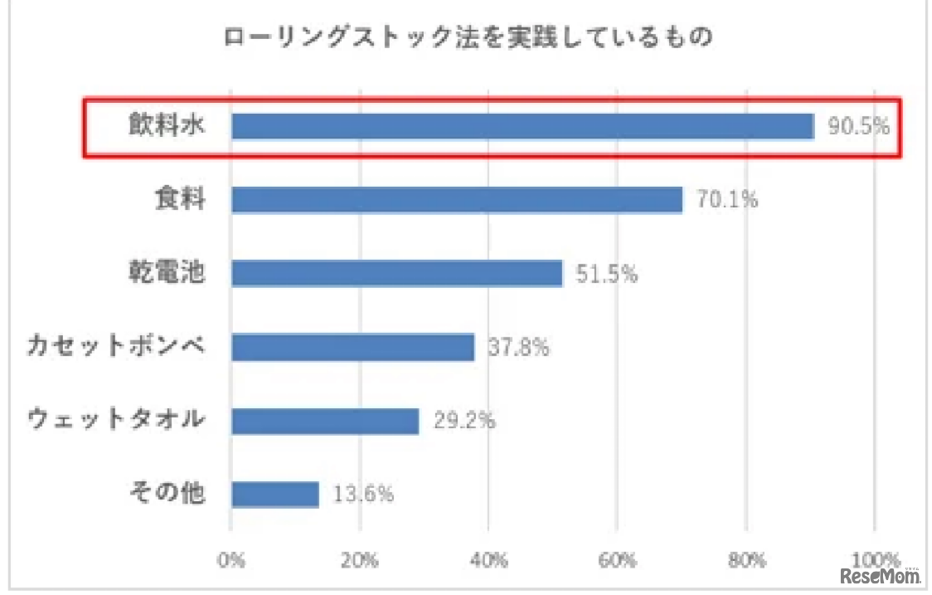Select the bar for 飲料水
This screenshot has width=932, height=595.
coord(522,126)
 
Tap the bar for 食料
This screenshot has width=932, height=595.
coord(457,200)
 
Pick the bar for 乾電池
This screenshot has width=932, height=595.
coord(396,273)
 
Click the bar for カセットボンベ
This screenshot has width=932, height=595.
coord(352,347)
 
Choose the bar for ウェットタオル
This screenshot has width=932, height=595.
coord(325,421)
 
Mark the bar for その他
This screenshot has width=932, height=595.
coord(275,495)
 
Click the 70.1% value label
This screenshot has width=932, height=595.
coord(727,200)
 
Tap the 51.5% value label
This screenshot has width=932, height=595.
coord(607,274)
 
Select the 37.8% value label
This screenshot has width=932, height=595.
coord(519,348)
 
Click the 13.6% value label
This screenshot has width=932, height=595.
coord(363,495)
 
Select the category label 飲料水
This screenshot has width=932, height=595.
coord(166,126)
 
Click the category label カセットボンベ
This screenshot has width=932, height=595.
coord(115,346)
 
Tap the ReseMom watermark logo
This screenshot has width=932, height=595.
coord(880,574)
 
